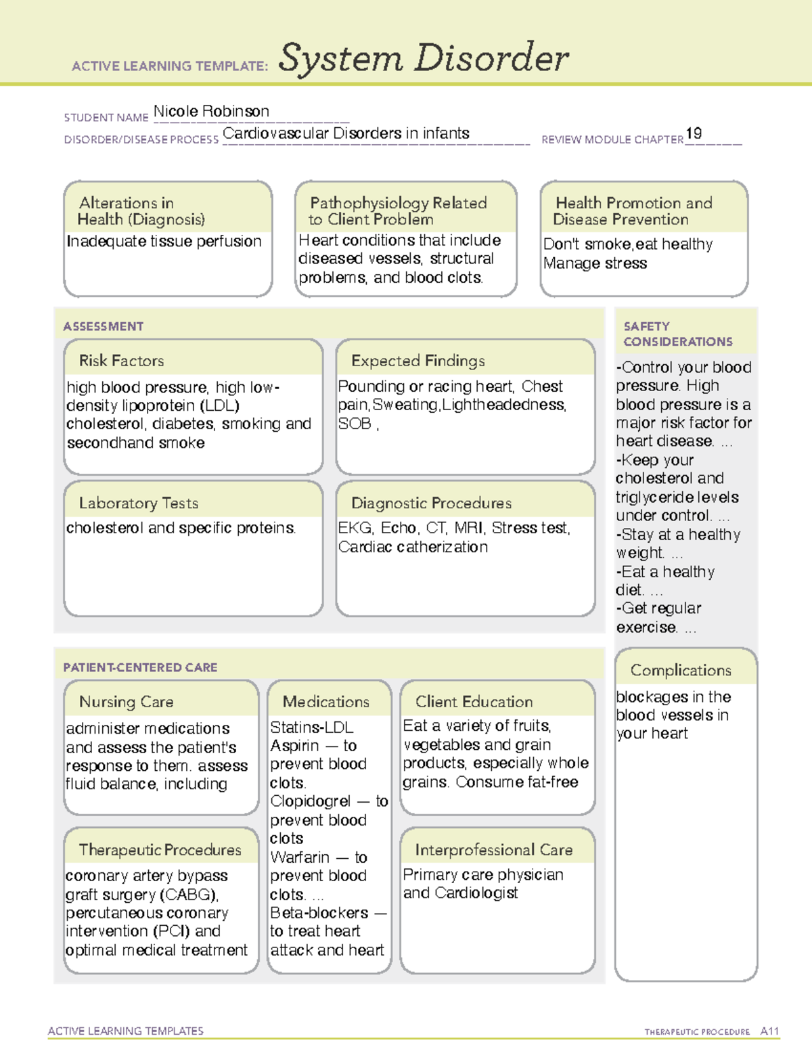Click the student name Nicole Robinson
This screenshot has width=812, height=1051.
(211, 111)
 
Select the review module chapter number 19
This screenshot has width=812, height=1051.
(694, 133)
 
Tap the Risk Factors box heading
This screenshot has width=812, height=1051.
(121, 361)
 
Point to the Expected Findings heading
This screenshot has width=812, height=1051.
(418, 361)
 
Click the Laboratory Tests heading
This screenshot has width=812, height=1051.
(138, 503)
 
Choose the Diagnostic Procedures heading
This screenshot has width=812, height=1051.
(431, 503)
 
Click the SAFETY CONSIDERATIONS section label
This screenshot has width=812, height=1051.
(677, 334)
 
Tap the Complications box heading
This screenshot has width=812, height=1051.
(681, 670)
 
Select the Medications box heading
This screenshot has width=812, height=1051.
(325, 702)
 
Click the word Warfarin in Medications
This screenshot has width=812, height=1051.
(300, 857)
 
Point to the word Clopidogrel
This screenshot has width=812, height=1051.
(310, 801)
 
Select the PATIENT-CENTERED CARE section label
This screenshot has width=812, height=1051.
(140, 667)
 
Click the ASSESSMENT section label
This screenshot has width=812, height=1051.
(103, 326)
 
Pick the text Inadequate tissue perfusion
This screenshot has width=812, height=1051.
(164, 242)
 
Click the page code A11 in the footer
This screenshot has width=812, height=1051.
(769, 1031)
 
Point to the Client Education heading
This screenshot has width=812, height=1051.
(474, 702)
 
